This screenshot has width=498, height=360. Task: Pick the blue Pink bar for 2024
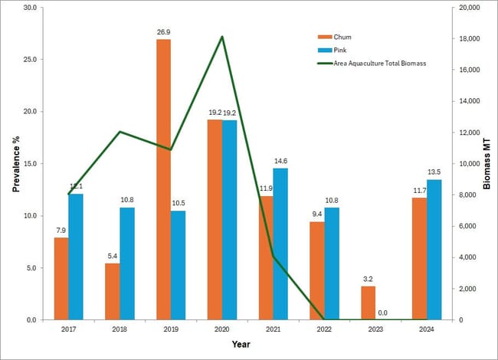(x=434, y=250)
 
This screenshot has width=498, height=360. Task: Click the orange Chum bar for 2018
(x=112, y=291)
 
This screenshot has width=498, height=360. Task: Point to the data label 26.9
(x=163, y=33)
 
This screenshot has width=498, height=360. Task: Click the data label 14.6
(x=280, y=162)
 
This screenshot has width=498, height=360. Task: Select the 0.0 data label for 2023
(x=383, y=313)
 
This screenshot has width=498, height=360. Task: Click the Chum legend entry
(x=343, y=37)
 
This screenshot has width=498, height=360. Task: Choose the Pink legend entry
(x=342, y=50)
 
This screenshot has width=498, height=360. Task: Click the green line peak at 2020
(x=222, y=37)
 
